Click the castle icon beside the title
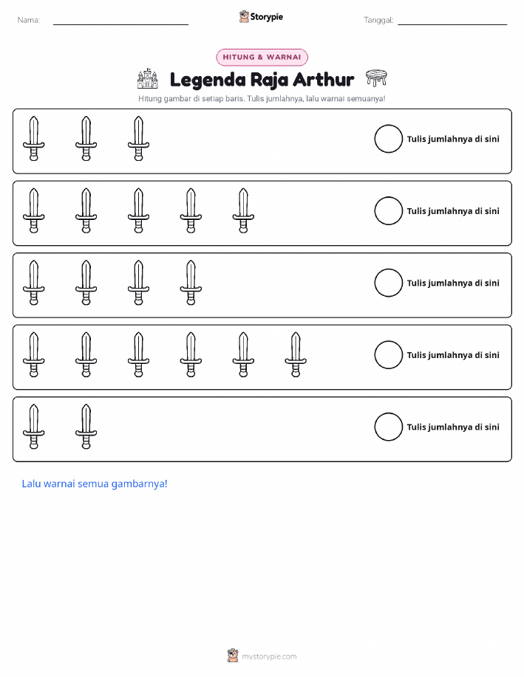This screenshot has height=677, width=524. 147,78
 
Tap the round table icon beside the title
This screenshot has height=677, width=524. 376,78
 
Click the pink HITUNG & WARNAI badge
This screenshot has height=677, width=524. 262,58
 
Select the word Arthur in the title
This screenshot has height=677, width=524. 324,80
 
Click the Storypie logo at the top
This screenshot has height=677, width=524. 261,17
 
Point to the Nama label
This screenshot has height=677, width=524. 29,20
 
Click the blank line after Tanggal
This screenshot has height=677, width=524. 452,24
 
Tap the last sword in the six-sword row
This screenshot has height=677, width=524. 296,354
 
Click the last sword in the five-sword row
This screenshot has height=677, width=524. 243,210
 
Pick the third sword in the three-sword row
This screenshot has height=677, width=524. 138,139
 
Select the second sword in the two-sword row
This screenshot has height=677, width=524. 86,427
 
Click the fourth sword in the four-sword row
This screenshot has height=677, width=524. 191,283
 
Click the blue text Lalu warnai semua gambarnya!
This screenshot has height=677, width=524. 95,484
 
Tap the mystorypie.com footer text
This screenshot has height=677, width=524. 269,656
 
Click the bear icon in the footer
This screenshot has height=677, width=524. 233,656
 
